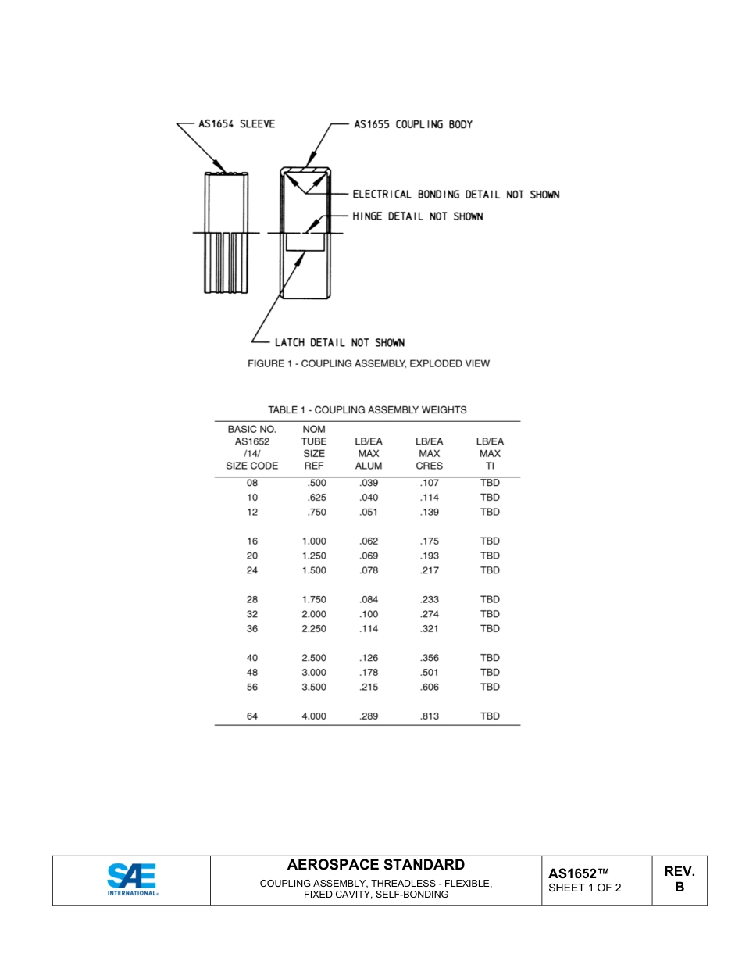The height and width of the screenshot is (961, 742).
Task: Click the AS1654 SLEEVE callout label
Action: pos(237,124)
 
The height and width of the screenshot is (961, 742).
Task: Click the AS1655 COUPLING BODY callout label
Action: pos(412,124)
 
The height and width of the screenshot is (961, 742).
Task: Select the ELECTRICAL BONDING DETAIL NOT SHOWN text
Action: pos(455,195)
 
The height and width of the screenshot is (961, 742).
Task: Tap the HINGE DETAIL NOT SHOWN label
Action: pos(417,216)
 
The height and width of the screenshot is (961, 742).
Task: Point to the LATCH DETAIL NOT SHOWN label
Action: pos(339,342)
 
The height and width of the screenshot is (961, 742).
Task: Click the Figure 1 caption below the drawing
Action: pos(368,363)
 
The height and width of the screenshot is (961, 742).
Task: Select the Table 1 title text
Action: pos(367,409)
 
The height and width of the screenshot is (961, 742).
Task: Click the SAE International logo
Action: pos(132,880)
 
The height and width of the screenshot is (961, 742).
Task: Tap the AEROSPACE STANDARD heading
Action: pos(376,864)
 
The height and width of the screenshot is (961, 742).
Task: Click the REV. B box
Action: pos(679,879)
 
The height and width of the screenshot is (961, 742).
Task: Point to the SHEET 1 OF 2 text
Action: pos(585,888)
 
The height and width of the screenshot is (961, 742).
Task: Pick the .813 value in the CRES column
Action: pos(429,716)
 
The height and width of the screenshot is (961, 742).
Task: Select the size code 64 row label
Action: pos(251,716)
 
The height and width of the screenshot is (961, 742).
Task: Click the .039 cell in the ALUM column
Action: pos(369,483)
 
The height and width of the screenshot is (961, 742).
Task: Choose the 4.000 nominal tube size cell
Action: pos(314,716)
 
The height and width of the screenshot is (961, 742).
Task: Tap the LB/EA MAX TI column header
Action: pos(490,453)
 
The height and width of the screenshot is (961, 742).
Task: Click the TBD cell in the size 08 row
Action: pos(490,483)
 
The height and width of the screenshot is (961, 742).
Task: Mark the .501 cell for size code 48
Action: pos(429,672)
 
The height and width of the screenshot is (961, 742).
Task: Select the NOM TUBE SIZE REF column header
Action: pos(314,447)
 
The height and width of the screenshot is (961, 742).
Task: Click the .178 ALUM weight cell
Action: pos(369,672)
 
